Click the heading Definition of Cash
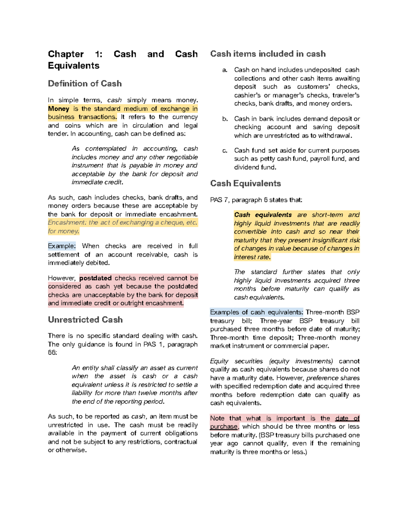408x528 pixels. tap(85, 84)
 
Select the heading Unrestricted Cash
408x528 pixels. tap(85, 320)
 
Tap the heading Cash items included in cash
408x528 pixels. tap(268, 54)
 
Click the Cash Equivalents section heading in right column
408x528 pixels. tap(245, 184)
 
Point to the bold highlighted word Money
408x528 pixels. tap(58, 109)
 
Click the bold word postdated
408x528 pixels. tap(95, 278)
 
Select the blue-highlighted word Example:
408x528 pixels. tap(62, 246)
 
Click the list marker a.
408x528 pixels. tap(224, 70)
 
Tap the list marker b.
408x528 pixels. tap(225, 119)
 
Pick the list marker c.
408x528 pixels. tap(224, 151)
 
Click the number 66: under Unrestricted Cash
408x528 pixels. tap(52, 353)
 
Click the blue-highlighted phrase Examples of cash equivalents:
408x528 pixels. tap(256, 312)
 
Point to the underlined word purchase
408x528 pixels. tap(224, 427)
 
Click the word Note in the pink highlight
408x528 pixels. tap(217, 418)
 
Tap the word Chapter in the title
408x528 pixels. tap(66, 54)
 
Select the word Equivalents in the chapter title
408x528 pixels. tap(73, 66)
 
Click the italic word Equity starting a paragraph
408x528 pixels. tap(219, 361)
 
